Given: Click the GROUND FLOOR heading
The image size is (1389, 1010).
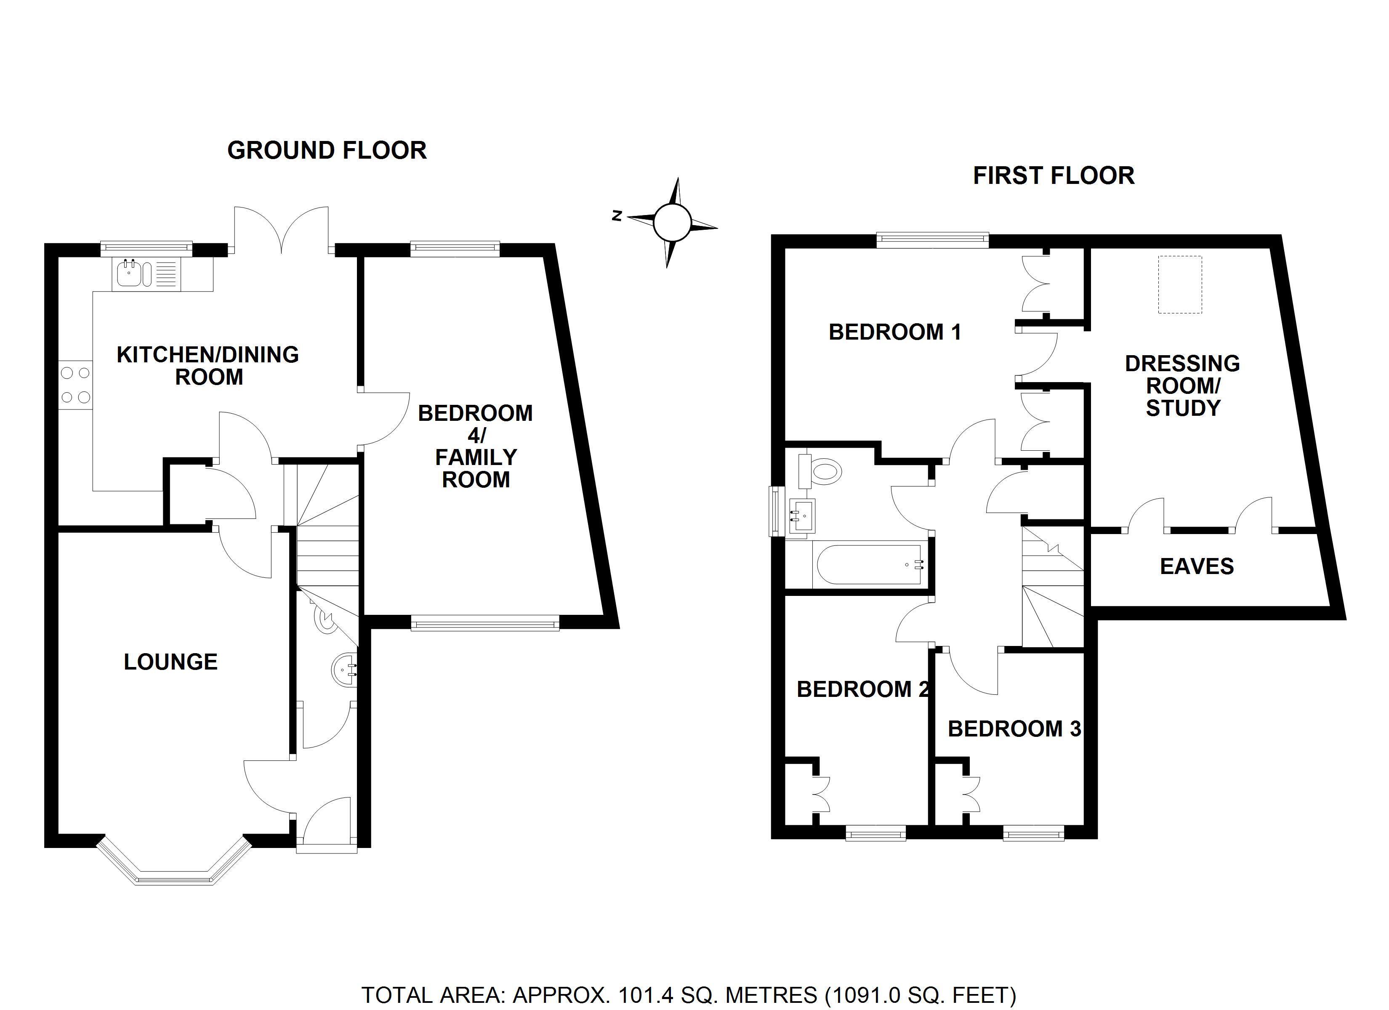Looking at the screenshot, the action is point(327,151).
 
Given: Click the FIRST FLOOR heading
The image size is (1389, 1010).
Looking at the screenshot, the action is point(1054,176).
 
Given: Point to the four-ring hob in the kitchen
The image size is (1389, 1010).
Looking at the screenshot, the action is point(75,385).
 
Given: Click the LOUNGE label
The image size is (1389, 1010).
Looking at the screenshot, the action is point(171,662).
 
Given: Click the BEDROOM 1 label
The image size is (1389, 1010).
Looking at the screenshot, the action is point(895,332).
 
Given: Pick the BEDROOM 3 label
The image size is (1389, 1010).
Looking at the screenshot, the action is point(1015,729).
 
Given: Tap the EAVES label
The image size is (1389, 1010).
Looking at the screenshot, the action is point(1197,566).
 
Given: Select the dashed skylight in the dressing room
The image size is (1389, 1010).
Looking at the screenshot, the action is point(1180,285).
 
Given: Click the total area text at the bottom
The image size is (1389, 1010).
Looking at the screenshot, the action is point(689,995).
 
